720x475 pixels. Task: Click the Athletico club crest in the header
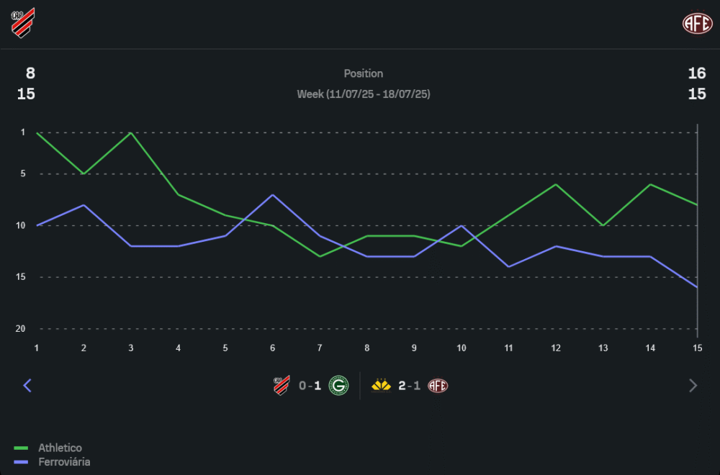23,22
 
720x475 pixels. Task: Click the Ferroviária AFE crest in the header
697,23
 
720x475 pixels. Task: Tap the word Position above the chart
363,73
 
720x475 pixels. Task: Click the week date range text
363,94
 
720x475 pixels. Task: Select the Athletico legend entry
60,448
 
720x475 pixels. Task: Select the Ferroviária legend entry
64,462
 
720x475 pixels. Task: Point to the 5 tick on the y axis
22,174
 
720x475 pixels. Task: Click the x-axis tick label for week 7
320,348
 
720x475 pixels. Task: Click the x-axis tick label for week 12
556,348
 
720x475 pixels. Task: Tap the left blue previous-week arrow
27,386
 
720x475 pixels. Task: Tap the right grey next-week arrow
693,386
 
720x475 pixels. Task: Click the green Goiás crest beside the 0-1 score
338,386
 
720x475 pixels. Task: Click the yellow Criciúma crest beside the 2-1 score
381,386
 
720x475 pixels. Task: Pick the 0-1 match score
310,386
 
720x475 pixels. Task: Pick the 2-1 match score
410,386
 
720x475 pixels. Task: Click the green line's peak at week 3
130,133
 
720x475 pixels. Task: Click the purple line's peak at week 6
272,195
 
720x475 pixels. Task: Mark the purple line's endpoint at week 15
697,287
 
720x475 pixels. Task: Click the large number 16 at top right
696,73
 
